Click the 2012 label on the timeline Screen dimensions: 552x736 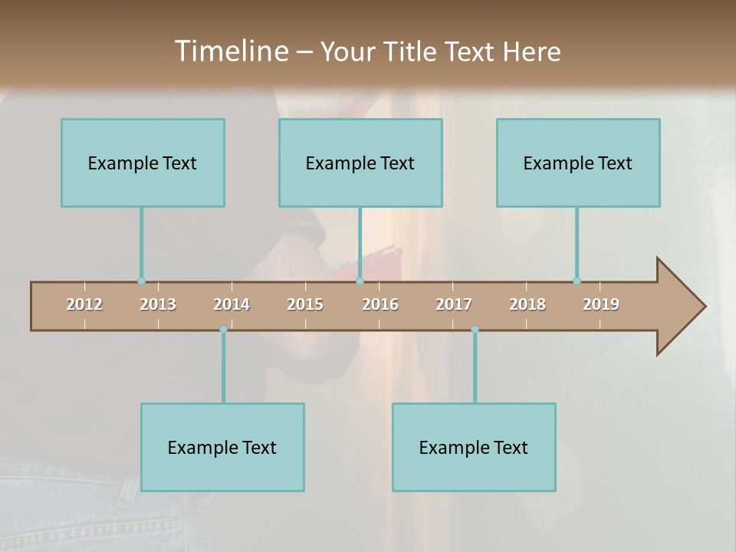84,304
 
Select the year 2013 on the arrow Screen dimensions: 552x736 158,304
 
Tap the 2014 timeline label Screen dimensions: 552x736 232,304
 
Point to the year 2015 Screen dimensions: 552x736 305,304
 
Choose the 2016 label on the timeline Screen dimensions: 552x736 380,304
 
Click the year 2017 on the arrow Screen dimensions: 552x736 454,304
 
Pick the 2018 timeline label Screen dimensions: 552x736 527,304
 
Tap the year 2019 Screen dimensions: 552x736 601,304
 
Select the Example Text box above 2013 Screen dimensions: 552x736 143,163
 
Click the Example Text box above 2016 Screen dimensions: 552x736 360,163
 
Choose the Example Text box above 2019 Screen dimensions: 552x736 578,163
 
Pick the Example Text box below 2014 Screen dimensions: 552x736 222,447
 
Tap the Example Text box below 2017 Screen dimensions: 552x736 474,447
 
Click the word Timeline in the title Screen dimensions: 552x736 231,51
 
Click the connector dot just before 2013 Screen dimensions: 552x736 141,281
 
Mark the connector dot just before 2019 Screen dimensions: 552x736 577,281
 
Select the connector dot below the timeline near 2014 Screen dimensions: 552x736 223,330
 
